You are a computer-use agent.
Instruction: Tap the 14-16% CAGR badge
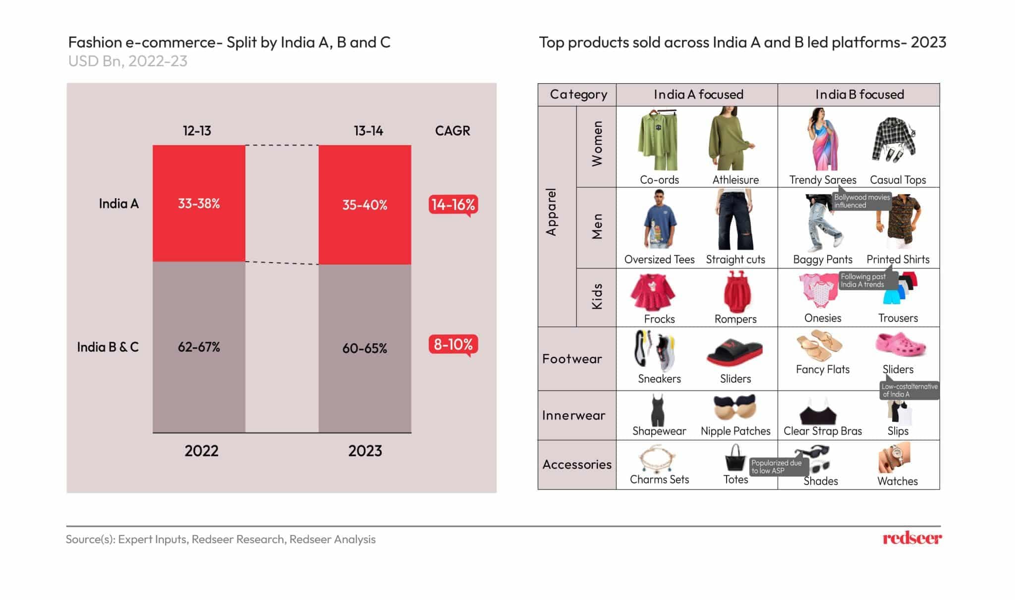coord(453,205)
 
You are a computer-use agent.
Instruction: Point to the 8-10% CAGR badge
coord(453,344)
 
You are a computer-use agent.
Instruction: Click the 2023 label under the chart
coord(365,451)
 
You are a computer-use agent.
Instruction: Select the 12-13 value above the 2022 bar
coord(197,131)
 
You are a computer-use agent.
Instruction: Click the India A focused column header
coord(698,95)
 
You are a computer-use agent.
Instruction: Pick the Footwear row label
coord(572,359)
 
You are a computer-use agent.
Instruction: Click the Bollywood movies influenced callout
coord(861,201)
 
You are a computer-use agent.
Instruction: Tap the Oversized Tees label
coord(659,260)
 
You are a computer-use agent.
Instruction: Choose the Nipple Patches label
coord(735,431)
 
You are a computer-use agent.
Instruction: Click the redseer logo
coord(912,539)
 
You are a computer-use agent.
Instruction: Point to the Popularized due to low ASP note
coord(777,467)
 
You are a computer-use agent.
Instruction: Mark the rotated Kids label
coord(597,297)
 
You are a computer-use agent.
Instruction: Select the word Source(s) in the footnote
coord(90,539)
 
